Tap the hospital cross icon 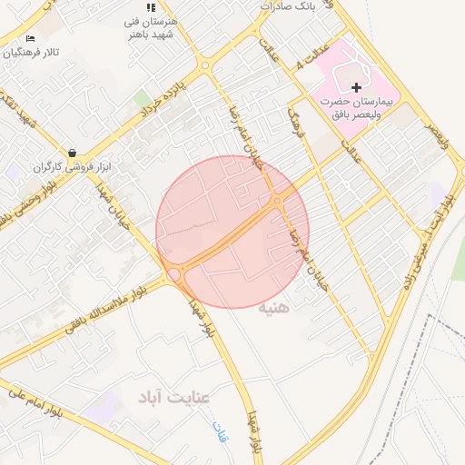pos(356,86)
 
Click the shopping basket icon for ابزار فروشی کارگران pos(72,153)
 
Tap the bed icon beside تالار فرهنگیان pos(31,39)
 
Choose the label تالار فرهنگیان pos(31,53)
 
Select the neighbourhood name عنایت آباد pos(174,397)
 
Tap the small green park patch pos(143,97)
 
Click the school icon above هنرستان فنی pos(151,8)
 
